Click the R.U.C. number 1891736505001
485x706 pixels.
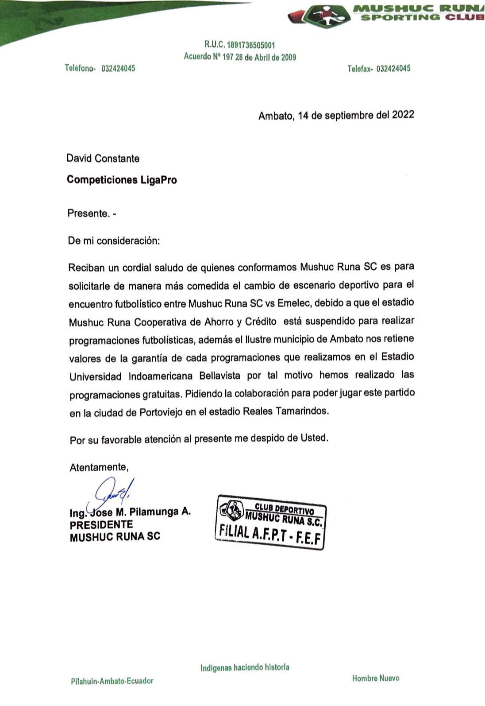(251, 45)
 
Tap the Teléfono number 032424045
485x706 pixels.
(118, 68)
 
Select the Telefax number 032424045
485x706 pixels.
(393, 68)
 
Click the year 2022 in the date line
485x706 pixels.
(403, 115)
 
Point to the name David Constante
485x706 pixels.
(103, 158)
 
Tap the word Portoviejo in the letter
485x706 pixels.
(162, 412)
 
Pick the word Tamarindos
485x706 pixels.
(302, 411)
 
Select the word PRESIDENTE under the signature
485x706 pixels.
(101, 525)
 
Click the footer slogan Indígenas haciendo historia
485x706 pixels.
(245, 667)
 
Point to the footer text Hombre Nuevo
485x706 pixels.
(375, 678)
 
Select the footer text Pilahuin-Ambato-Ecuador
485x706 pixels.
(112, 681)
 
